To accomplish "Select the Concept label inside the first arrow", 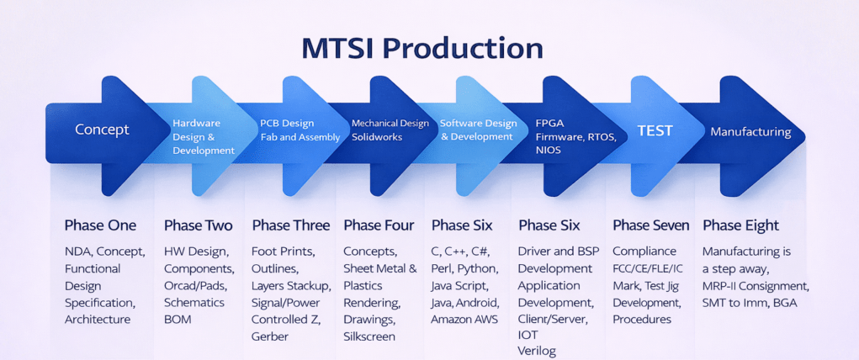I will pos(102,130).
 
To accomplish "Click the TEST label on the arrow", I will pos(655,130).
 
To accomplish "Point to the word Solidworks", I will pos(377,137).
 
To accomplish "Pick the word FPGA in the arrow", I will pos(550,123).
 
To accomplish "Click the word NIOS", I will pos(549,150).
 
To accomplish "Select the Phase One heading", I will pos(100,225).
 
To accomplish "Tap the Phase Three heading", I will pos(291,225).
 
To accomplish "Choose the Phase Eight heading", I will pos(740,225).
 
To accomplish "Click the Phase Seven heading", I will pos(650,225).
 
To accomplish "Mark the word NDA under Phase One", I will pos(80,251).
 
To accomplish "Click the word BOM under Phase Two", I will pos(178,319).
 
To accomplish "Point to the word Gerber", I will pos(270,336).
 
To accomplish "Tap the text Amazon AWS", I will pos(464,319).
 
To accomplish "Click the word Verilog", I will pos(537,351).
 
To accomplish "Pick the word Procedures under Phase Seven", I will pos(642,319).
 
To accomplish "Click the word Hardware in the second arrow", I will pos(196,123).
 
